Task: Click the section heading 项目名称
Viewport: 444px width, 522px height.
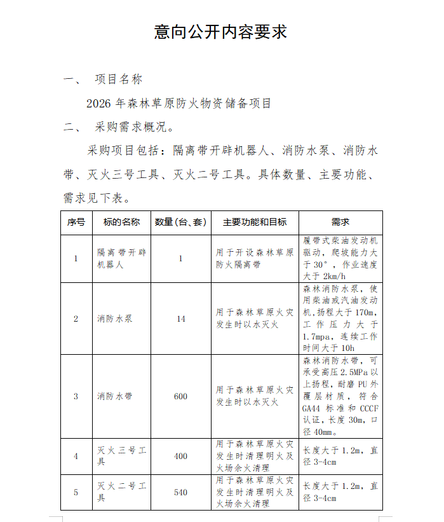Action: (x=119, y=79)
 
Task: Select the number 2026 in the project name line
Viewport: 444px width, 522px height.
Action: (x=99, y=103)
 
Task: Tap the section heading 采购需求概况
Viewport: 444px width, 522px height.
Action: (x=130, y=127)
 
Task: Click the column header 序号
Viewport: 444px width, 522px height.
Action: (x=76, y=223)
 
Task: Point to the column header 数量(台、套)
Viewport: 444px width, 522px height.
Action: (x=181, y=223)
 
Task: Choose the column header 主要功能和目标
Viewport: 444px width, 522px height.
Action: (x=255, y=223)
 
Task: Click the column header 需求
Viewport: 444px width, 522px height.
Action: (x=340, y=223)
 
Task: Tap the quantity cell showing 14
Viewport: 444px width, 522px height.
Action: (x=181, y=319)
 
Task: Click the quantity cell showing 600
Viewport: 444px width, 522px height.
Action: (x=181, y=396)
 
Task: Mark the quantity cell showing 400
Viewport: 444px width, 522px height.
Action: (x=181, y=456)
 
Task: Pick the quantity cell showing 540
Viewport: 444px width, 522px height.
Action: (x=181, y=492)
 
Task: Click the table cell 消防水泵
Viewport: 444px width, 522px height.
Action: (x=115, y=319)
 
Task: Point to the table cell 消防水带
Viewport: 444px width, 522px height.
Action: (x=115, y=396)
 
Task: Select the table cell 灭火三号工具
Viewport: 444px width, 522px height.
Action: (x=121, y=456)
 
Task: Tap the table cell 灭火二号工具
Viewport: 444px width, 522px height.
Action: (x=121, y=492)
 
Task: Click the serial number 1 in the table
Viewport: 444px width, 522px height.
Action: (x=76, y=259)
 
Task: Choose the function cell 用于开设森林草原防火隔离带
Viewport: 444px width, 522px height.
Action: (x=255, y=259)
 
